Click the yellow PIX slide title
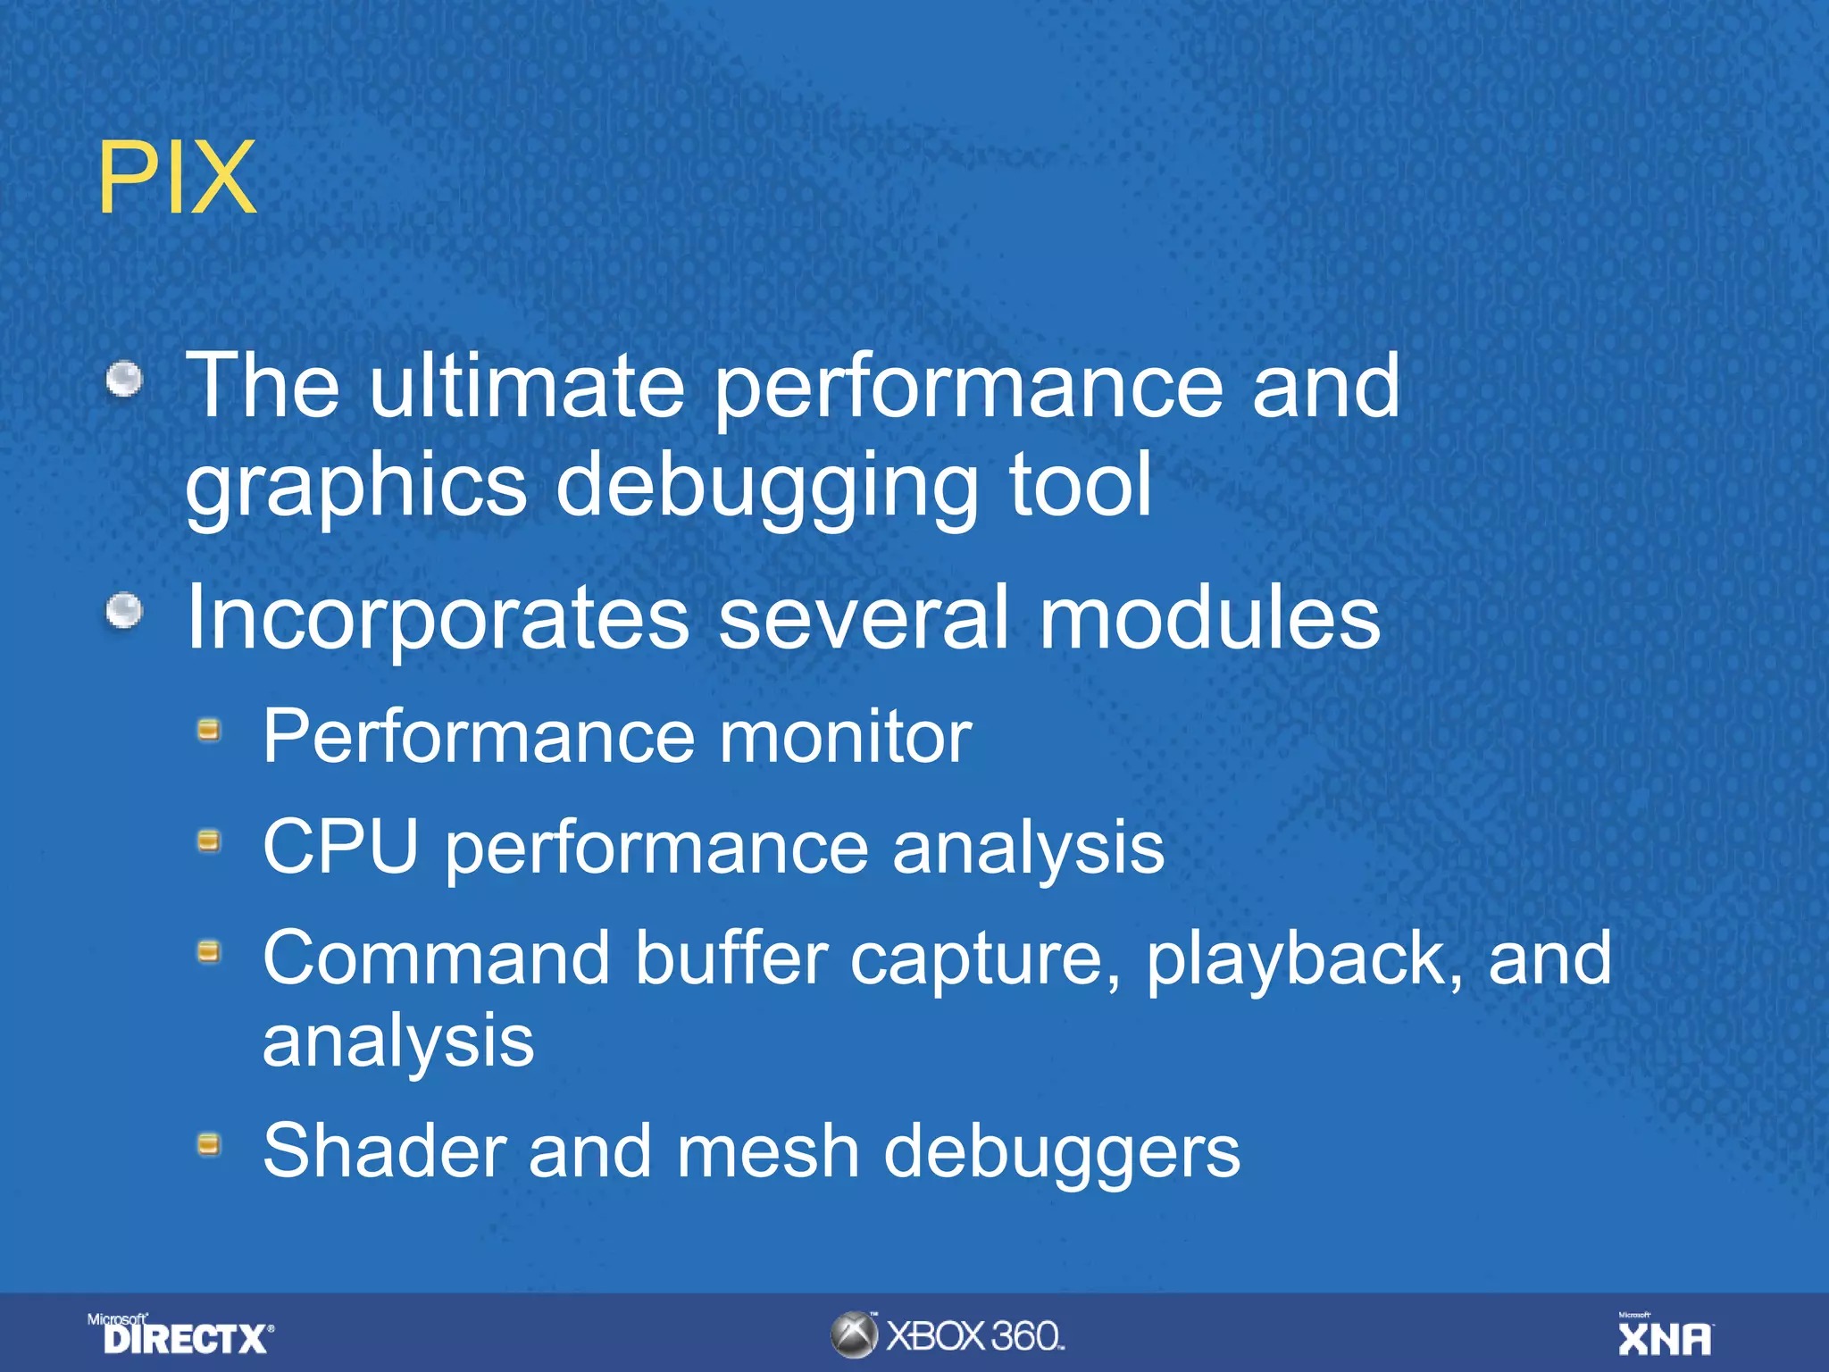tap(177, 179)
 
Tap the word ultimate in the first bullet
tap(526, 386)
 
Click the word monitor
tap(845, 737)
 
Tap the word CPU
tap(340, 846)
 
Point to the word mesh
tap(768, 1151)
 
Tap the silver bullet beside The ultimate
tap(124, 379)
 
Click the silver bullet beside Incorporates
tap(124, 612)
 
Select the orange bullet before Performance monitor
tap(209, 732)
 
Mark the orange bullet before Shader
tap(209, 1144)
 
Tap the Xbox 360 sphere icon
tap(854, 1334)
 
